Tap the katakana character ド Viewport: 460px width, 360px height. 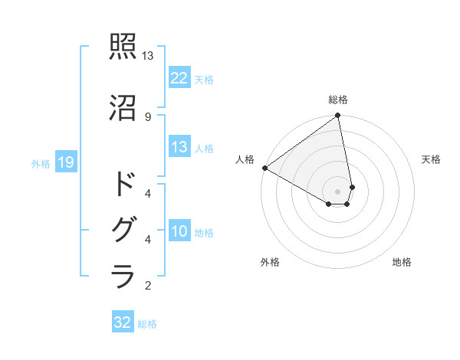[x=123, y=185]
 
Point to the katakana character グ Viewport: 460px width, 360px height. [x=123, y=230]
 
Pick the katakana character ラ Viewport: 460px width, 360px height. [x=123, y=275]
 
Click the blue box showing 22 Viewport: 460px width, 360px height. [x=179, y=77]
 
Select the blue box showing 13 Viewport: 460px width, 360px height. [x=179, y=147]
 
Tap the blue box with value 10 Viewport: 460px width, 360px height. [x=179, y=231]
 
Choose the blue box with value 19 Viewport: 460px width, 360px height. [x=65, y=162]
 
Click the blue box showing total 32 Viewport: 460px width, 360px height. [x=123, y=322]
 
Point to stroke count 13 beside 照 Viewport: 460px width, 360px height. [x=148, y=56]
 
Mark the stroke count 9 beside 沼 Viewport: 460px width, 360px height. [x=148, y=116]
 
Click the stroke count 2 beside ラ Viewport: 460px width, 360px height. [x=148, y=286]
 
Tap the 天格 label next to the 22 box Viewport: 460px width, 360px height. [x=204, y=79]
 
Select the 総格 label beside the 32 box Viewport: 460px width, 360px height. [x=147, y=324]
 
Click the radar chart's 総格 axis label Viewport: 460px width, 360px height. [x=338, y=100]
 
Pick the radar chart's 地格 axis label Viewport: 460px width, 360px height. [x=402, y=262]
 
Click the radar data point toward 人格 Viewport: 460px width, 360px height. [x=264, y=168]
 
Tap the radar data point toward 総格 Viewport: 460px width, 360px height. [x=338, y=116]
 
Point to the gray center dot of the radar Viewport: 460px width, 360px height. [x=338, y=191]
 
